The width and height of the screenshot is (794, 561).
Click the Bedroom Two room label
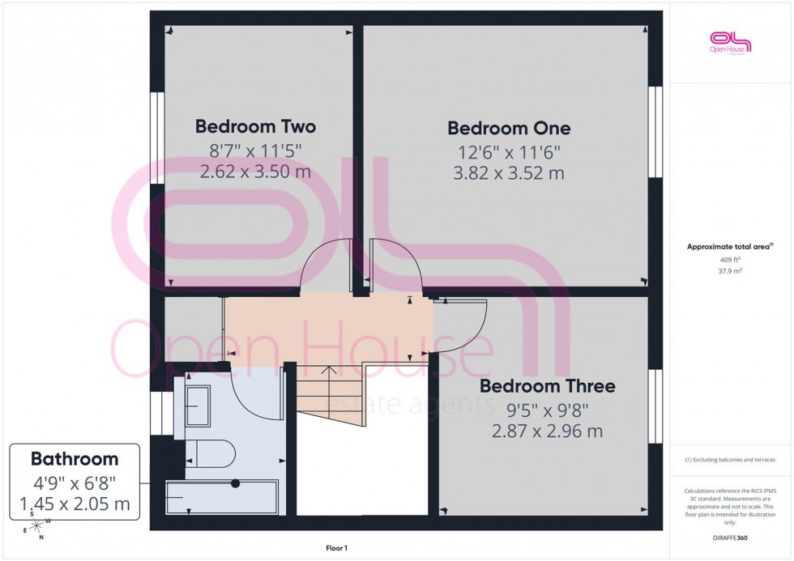point(255,127)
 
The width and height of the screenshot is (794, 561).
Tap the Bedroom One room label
point(509,129)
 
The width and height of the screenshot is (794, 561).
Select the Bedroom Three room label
point(547,386)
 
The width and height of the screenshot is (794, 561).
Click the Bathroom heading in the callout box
point(75,459)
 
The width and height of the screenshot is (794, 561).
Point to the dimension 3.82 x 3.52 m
point(509,173)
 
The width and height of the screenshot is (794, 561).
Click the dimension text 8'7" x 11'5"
point(255,150)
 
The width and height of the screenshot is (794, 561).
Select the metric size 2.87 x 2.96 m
point(547,431)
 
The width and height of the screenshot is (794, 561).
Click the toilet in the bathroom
point(208,453)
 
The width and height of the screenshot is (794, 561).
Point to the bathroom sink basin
point(198,399)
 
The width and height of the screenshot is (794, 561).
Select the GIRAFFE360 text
point(730,537)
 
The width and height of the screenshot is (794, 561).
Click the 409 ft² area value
point(730,260)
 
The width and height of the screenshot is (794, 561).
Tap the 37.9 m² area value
point(730,272)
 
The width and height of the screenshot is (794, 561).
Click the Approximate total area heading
point(730,246)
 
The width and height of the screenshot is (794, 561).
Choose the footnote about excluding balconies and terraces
point(730,460)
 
